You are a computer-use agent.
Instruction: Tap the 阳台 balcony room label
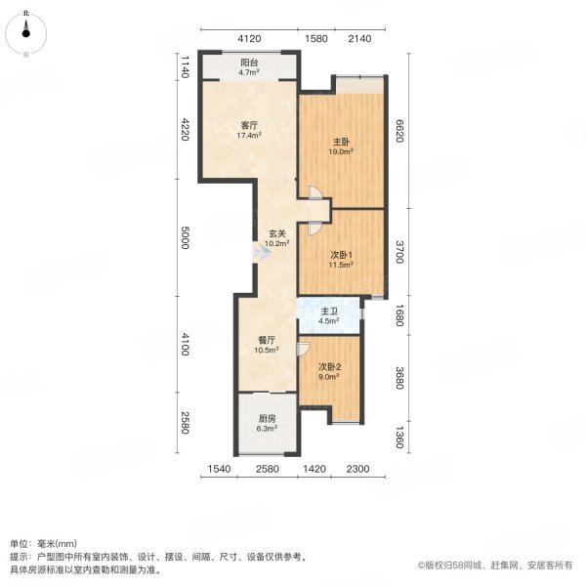point(249,66)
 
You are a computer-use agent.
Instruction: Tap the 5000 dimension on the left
point(184,237)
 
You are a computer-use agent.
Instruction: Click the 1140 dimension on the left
point(184,67)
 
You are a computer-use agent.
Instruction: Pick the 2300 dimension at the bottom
point(357,470)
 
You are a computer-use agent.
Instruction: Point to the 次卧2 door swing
point(305,346)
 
